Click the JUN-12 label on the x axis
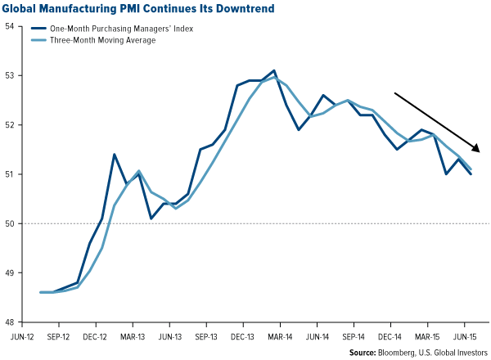(x=22, y=335)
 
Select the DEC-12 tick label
(x=96, y=335)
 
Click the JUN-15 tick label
(x=466, y=335)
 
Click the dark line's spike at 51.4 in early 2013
(x=114, y=155)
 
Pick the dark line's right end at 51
(x=471, y=174)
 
